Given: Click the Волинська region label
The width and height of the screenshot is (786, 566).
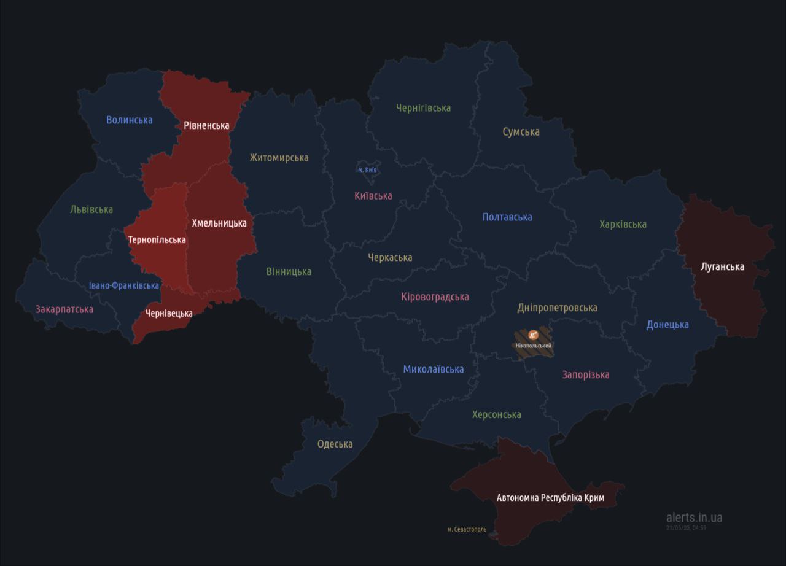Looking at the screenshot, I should (x=129, y=120).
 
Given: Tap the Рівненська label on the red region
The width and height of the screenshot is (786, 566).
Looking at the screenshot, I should (x=206, y=125).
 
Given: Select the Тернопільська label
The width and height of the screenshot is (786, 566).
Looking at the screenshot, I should (x=157, y=239).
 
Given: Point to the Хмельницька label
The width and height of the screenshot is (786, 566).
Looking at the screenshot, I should (x=219, y=223).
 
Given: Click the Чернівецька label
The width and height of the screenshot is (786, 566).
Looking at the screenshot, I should (x=169, y=313).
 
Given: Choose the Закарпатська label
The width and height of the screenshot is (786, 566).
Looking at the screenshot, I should (x=64, y=309).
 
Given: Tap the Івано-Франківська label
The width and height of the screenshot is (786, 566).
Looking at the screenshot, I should (x=123, y=285).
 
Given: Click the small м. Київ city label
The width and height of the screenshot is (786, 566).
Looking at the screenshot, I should (x=367, y=169).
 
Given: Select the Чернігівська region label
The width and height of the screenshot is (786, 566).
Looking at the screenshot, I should (x=423, y=108).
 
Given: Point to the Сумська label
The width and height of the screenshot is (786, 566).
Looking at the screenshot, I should (x=521, y=132).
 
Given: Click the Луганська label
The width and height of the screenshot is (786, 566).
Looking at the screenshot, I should (x=722, y=266).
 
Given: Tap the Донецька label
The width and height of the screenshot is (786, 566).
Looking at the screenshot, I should (x=667, y=325).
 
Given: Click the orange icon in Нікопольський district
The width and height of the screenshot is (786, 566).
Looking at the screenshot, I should (x=533, y=335).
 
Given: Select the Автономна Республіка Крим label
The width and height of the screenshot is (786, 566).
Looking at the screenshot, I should (x=550, y=498).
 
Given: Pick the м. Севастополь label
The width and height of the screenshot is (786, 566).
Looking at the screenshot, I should (x=467, y=529).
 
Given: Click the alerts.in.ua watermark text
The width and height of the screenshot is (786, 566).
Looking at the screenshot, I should (x=694, y=518).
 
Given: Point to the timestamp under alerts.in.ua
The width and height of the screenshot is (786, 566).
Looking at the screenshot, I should (x=686, y=527).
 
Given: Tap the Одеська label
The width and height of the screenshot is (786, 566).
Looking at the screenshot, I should (x=335, y=444).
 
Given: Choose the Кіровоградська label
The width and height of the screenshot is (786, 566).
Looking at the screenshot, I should (x=435, y=297).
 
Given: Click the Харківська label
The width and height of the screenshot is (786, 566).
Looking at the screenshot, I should (x=623, y=224).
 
